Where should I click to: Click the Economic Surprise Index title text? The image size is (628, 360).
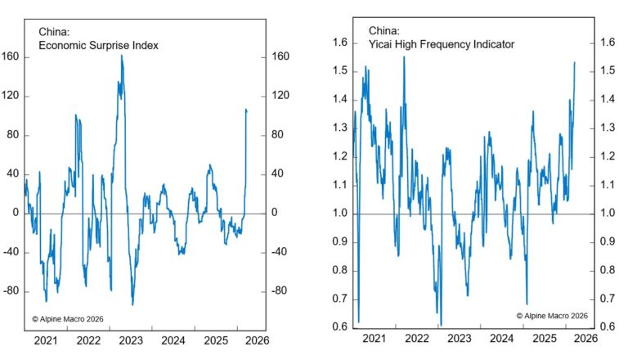pos(92,46)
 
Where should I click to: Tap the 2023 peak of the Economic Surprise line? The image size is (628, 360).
pos(122,56)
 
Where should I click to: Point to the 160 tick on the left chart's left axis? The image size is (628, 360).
pos(11,56)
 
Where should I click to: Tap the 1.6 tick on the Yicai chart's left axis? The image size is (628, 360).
pos(339,43)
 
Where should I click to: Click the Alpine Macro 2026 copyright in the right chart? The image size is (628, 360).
pos(552,315)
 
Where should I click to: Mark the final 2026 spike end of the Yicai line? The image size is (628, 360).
pos(575,62)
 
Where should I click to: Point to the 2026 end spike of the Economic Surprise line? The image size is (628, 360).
pos(246,109)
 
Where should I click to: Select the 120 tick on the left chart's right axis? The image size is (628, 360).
pos(280,96)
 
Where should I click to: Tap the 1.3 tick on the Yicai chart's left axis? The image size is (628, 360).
pos(339,128)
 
